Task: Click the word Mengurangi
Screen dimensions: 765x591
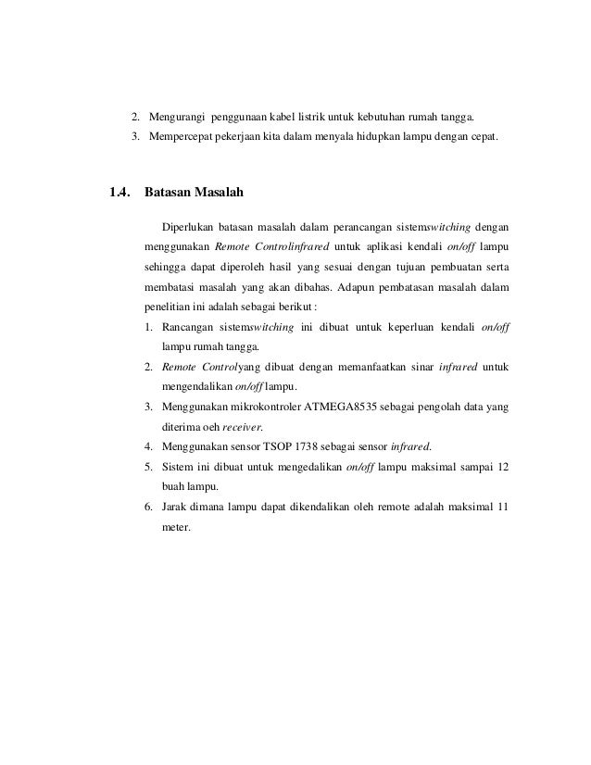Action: click(x=177, y=118)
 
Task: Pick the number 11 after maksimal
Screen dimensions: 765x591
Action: click(x=501, y=507)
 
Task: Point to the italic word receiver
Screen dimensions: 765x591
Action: click(x=243, y=427)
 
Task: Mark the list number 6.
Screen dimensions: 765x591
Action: click(x=149, y=507)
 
